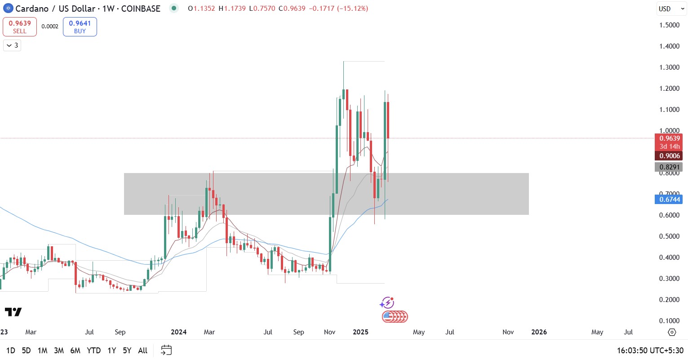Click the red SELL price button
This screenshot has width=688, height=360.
20,27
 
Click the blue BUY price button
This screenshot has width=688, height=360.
80,27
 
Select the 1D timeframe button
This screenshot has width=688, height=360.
11,351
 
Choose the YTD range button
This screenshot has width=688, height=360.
93,351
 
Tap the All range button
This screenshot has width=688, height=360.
143,351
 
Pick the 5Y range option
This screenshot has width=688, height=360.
127,351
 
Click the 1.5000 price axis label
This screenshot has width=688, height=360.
669,25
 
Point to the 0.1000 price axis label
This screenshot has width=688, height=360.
669,321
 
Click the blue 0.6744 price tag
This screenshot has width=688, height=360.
669,200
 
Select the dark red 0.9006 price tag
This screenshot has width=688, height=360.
669,156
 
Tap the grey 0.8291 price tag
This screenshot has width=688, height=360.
669,167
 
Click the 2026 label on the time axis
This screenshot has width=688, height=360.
539,332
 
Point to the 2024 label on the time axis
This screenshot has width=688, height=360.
178,332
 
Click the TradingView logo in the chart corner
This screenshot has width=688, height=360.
13,312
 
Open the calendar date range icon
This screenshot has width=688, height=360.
166,350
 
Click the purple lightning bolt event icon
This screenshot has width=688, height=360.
387,302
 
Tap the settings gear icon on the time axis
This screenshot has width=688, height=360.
672,332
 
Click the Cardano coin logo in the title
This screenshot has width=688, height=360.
8,9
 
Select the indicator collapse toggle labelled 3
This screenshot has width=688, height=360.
12,45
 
